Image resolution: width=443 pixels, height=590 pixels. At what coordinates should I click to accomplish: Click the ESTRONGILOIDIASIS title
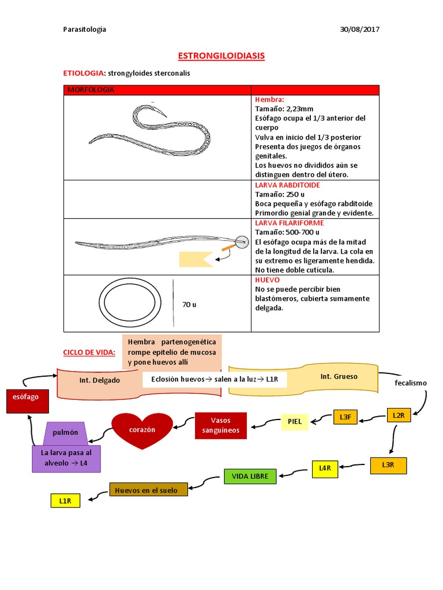coord(221,56)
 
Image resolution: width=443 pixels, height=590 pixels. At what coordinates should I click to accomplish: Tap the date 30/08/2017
coord(360,29)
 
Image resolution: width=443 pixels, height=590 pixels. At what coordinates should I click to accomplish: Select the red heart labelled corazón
coord(142,430)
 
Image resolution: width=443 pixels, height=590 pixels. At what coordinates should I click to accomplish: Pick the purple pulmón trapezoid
coord(65,433)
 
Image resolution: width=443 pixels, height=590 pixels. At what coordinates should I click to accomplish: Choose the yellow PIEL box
coord(294,421)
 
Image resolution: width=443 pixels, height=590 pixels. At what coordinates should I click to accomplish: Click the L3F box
coord(346,416)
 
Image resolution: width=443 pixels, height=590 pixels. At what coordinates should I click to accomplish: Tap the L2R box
coord(398,415)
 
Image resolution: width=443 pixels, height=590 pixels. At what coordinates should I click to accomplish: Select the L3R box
coord(388,464)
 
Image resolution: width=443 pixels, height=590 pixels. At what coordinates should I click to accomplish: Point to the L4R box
coord(325,468)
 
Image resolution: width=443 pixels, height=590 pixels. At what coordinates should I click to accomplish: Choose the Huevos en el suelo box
coord(148,490)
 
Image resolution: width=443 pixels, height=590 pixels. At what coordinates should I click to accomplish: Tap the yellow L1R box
coord(65,501)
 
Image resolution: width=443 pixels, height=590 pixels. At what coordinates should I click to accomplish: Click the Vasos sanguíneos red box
coord(220,425)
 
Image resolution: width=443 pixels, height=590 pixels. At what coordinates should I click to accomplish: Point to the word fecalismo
coord(411,383)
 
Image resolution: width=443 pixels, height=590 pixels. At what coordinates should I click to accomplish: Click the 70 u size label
coord(189,304)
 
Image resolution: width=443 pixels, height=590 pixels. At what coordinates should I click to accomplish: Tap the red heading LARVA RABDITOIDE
coord(287,185)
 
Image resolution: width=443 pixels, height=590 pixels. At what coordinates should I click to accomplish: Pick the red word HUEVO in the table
coord(267,279)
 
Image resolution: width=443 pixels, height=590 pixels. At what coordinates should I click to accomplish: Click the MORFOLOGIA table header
coord(91,90)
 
